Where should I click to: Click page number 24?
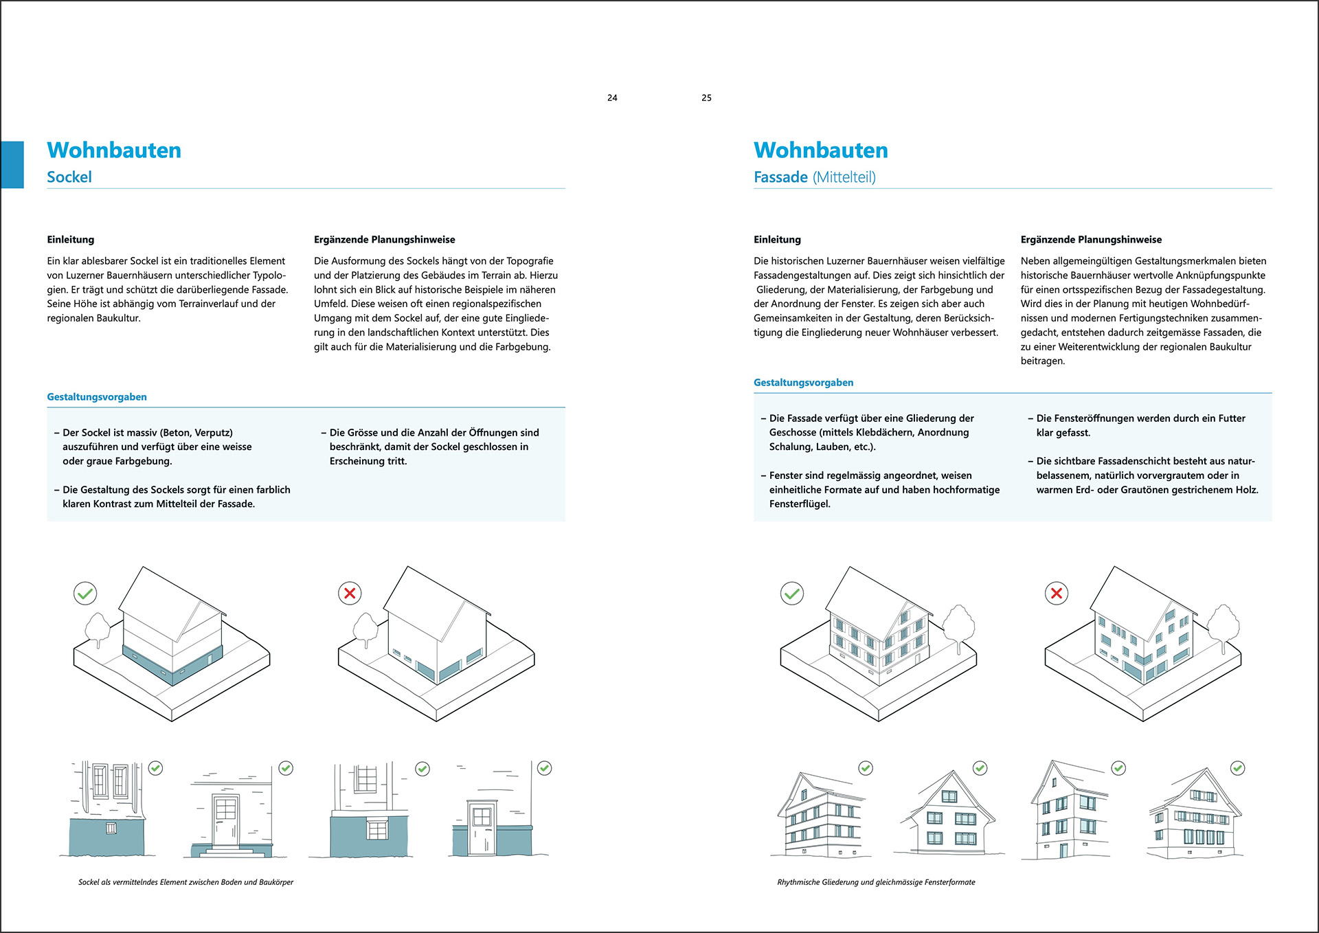(x=612, y=98)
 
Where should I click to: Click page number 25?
(x=706, y=98)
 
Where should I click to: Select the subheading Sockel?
(x=69, y=177)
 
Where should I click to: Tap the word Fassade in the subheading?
(x=780, y=177)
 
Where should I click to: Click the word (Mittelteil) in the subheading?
(x=844, y=177)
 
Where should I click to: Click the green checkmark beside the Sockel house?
(x=85, y=593)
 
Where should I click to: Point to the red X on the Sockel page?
(x=350, y=593)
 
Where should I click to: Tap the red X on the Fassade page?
(x=1057, y=593)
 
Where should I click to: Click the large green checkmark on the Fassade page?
(x=792, y=593)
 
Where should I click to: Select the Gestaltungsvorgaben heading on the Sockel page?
(x=97, y=397)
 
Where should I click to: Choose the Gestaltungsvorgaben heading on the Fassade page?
(x=803, y=383)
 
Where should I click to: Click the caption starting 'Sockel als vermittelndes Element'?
(x=185, y=882)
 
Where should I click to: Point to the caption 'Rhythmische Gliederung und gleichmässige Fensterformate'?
(x=876, y=882)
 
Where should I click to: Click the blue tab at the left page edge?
(x=12, y=165)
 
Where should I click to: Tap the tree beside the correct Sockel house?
(x=98, y=628)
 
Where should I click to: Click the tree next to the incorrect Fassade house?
(x=1223, y=625)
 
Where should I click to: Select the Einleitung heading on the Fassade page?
(x=777, y=240)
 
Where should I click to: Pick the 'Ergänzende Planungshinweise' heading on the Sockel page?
(x=384, y=240)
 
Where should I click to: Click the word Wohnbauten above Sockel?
(x=114, y=150)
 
